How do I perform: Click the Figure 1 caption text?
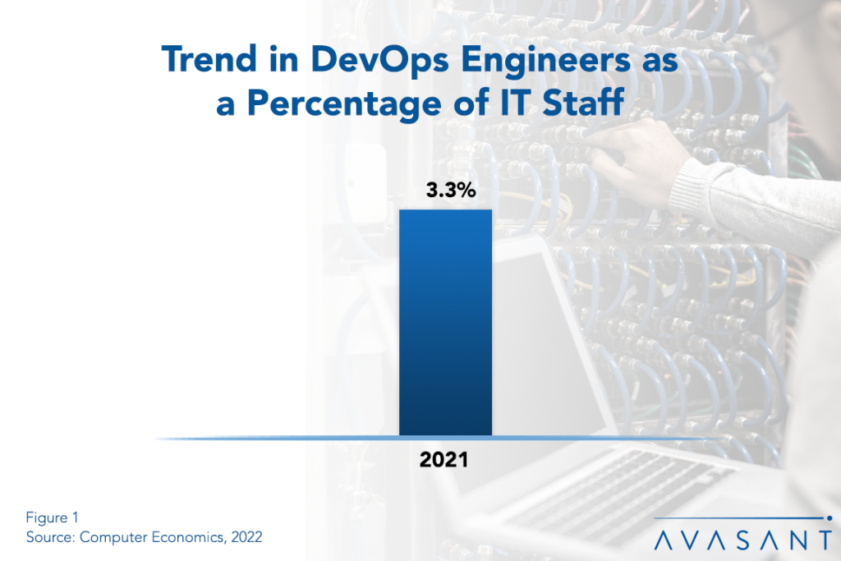pos(52,517)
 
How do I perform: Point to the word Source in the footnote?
pos(48,536)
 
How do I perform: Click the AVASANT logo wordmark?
pos(743,540)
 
